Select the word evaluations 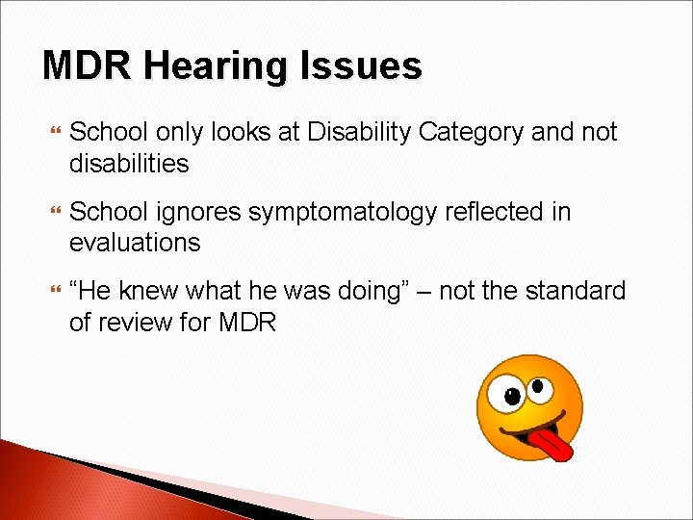135,243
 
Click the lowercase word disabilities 129,164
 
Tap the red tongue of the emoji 552,442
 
